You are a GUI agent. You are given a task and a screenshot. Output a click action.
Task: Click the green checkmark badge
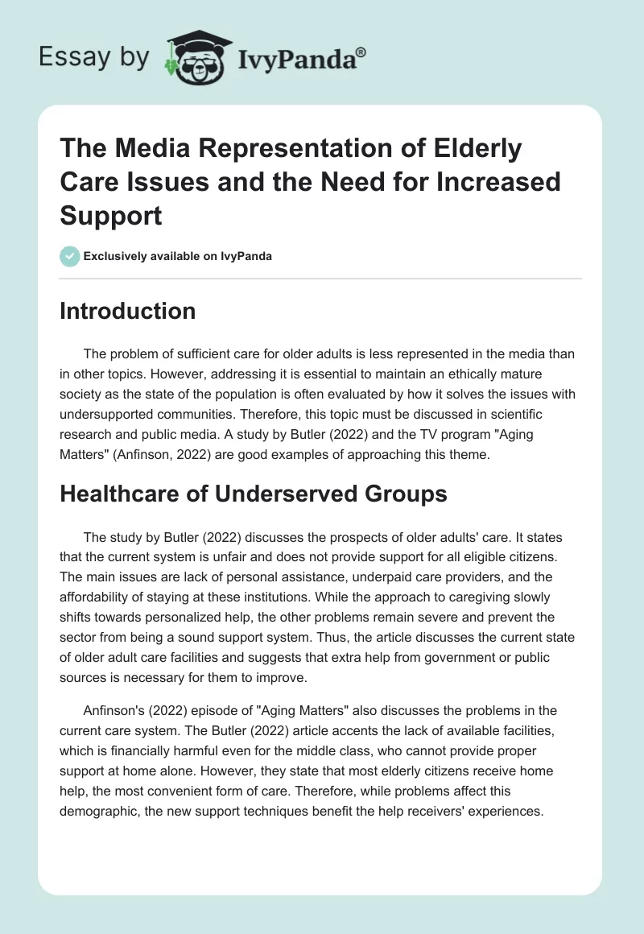69,256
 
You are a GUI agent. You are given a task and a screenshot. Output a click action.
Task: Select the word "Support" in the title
110,217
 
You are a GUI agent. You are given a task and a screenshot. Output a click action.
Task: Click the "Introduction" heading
127,311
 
